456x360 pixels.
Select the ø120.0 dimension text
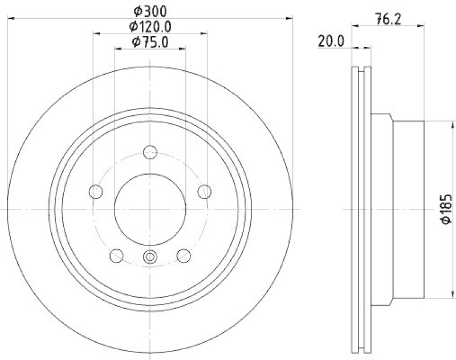click(150, 26)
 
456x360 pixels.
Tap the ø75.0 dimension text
click(150, 42)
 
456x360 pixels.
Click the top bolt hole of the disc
click(150, 152)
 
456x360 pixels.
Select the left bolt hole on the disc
click(96, 191)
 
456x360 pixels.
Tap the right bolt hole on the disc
click(203, 191)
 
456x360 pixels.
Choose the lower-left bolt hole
click(117, 255)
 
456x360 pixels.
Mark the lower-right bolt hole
click(183, 255)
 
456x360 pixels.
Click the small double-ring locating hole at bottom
click(150, 256)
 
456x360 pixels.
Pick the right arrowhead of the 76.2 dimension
click(422, 25)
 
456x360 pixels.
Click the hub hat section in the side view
click(408, 209)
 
